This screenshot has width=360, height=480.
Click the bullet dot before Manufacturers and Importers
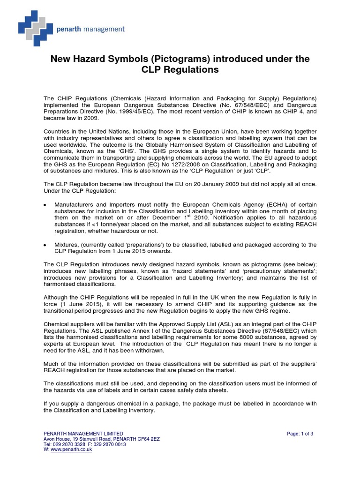click(45, 205)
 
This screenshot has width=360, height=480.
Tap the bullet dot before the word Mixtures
click(45, 245)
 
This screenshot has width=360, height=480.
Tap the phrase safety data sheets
click(205, 390)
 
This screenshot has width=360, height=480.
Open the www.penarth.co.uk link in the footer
click(71, 450)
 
